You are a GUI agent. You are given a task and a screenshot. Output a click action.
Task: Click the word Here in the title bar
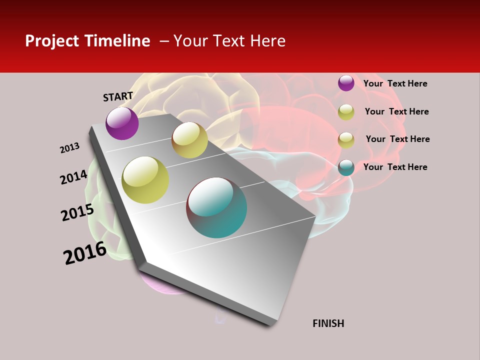[x=268, y=41]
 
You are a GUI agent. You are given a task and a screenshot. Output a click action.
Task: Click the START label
[x=118, y=96]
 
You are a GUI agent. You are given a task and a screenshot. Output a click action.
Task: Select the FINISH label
[x=328, y=323]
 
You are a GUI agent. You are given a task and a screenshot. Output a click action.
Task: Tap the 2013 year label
[x=70, y=148]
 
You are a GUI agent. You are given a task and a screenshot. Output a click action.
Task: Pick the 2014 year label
[x=74, y=177]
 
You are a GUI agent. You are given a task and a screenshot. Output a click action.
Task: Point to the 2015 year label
[x=77, y=212]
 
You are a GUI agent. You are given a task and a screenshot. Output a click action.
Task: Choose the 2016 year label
[x=85, y=252]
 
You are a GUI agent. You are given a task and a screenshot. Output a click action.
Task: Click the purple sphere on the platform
[x=122, y=123]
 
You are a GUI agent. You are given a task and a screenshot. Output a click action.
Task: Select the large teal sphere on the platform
[x=216, y=207]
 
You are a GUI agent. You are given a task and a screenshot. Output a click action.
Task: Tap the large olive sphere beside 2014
[x=145, y=180]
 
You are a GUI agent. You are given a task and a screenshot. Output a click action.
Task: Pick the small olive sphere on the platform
[x=189, y=140]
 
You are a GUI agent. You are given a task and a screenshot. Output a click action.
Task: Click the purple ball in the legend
[x=346, y=83]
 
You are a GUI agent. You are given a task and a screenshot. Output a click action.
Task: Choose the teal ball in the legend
[x=346, y=167]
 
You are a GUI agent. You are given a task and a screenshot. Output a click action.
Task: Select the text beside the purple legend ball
[x=395, y=83]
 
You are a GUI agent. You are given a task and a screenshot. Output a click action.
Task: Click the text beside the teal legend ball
[x=395, y=167]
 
